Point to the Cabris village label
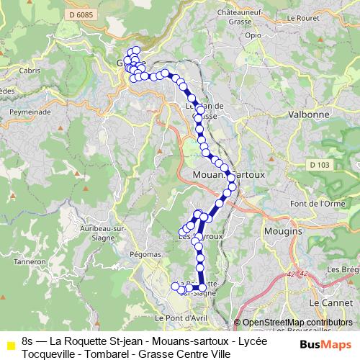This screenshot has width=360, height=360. (x=32, y=71)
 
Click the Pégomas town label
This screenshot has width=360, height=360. (x=145, y=254)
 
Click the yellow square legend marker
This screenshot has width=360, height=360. (x=9, y=340)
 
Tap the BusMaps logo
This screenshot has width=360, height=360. (x=325, y=344)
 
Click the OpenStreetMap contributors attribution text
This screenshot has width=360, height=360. (x=297, y=322)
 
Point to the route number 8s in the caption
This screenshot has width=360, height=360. (x=27, y=340)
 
